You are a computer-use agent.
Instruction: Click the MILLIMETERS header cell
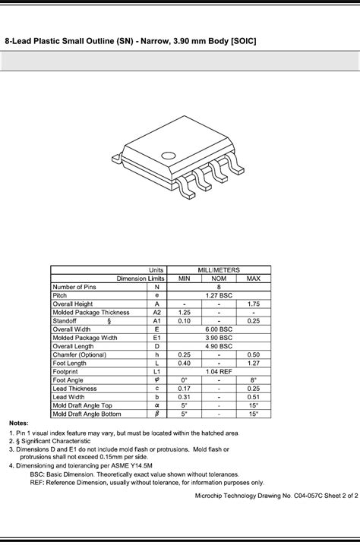coord(219,270)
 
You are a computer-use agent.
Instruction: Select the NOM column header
coord(219,279)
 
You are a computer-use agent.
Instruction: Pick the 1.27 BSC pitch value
coord(219,295)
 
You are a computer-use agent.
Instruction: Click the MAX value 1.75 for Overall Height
coord(254,304)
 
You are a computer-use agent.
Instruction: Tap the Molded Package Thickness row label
coord(91,313)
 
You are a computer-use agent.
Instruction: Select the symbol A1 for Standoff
coord(156,321)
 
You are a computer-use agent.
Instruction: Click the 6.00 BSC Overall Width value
coord(219,329)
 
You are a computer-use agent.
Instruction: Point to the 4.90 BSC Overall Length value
coord(219,346)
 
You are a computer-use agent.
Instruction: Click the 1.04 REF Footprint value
coord(219,372)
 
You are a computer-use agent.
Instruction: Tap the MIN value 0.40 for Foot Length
coord(184,364)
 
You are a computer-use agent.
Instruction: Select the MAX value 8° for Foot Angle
coord(254,380)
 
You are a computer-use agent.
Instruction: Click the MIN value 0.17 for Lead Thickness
coord(184,389)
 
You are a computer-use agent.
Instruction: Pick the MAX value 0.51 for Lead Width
coord(254,397)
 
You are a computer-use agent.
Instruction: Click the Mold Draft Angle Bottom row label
coord(88,414)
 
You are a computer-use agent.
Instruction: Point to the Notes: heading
coord(20,423)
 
